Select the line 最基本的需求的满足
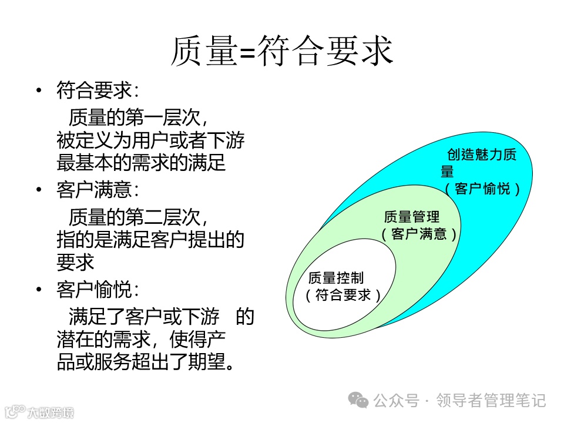141,163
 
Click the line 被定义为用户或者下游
150,141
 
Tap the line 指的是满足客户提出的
150,240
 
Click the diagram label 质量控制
335,278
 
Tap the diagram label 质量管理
411,217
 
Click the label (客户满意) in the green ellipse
419,234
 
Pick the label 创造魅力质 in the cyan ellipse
482,155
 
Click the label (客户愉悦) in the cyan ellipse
482,189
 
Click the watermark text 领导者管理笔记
491,401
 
